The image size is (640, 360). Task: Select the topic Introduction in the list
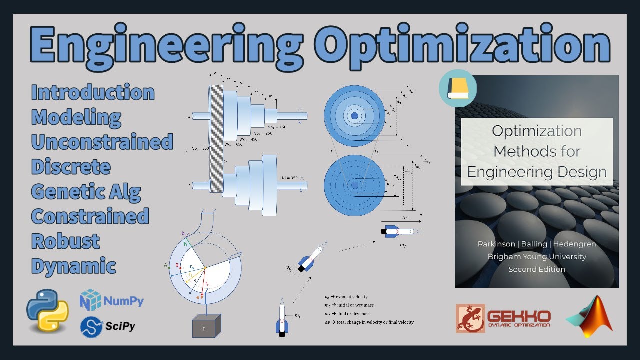coord(93,93)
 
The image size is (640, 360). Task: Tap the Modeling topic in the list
coord(76,118)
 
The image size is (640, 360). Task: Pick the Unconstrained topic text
coord(102,142)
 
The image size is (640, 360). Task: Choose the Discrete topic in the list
coord(71,167)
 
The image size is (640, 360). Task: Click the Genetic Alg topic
coord(86,192)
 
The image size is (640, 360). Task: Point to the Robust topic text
coord(66,241)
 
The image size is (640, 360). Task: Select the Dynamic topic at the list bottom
coord(74,266)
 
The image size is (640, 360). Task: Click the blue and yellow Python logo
coord(47,311)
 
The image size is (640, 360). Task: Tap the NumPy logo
coord(112,301)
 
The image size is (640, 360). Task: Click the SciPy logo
coord(108,326)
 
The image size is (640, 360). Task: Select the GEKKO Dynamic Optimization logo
coord(503,318)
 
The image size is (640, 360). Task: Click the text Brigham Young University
coord(537,257)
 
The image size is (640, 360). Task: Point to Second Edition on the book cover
coord(537,269)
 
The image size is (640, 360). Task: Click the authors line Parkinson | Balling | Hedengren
coord(537,244)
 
